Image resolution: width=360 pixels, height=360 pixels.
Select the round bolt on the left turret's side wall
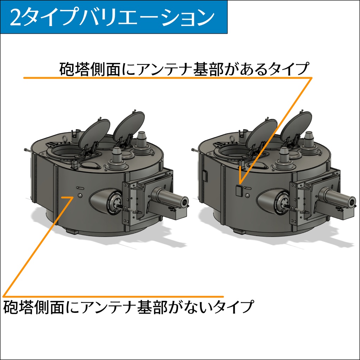click(80, 195)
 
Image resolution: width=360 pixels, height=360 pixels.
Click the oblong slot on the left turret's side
click(80, 188)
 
